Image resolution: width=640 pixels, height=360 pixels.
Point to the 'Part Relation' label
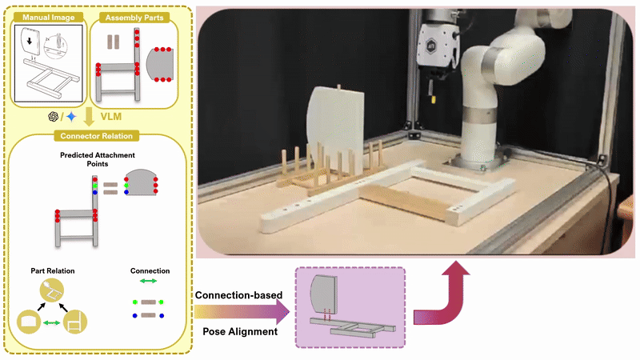(53, 271)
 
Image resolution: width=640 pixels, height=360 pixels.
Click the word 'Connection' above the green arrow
(150, 270)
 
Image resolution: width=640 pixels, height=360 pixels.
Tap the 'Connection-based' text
(238, 296)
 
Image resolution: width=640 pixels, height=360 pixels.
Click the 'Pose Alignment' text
(238, 330)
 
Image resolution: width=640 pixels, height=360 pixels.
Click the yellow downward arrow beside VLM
(88, 118)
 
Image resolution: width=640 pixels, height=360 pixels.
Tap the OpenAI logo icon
(54, 117)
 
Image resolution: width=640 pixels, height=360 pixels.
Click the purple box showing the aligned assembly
(350, 308)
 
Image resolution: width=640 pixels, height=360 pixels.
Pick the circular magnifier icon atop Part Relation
(53, 294)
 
